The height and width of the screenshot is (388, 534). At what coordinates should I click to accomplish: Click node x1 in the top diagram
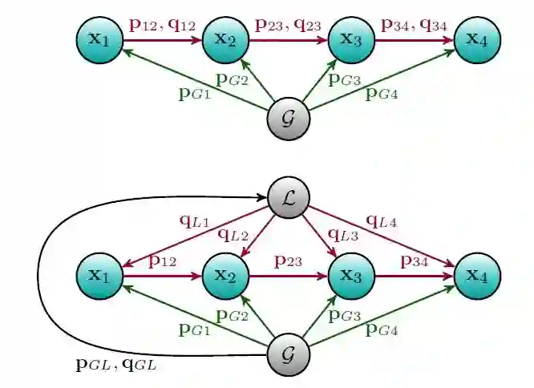tap(99, 38)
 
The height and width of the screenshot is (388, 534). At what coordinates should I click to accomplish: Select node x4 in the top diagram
tap(477, 38)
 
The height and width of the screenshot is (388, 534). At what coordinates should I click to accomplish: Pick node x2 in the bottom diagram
tap(225, 277)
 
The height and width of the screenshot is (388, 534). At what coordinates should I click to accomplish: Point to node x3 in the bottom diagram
tap(351, 277)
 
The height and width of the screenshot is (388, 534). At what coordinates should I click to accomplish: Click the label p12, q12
tap(162, 26)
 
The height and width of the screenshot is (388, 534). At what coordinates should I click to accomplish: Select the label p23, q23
tap(288, 26)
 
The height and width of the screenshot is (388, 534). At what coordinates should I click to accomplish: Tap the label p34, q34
tap(415, 26)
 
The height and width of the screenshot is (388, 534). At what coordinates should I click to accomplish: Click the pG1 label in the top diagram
tap(195, 91)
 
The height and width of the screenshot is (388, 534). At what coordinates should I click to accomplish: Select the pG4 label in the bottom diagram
tap(382, 328)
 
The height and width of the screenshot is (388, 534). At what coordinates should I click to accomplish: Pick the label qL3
tap(344, 236)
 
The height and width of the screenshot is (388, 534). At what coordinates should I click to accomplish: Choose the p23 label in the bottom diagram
tap(288, 261)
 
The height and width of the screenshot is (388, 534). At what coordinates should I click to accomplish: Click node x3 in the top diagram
tap(351, 38)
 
